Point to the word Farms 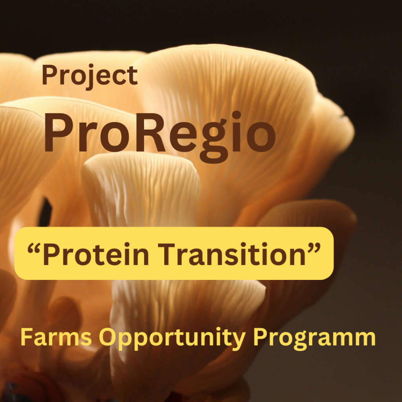56,337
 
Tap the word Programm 314,339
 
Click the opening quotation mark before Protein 34,248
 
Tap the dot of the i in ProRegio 237,115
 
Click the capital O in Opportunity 108,337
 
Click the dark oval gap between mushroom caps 46,212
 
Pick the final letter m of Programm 365,339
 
